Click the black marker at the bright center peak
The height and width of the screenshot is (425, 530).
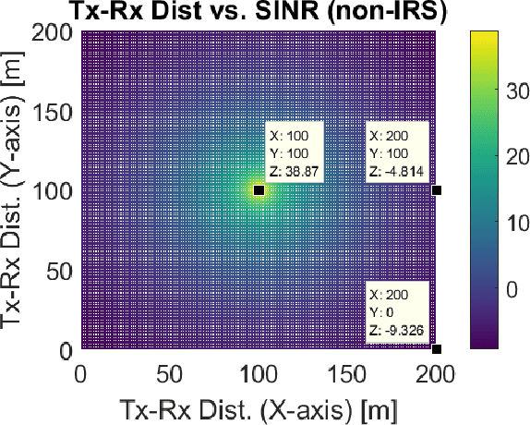click(259, 189)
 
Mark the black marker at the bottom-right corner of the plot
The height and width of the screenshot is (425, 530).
click(437, 349)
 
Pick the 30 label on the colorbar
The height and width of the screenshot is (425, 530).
click(521, 91)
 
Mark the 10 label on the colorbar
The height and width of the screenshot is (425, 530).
click(521, 224)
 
